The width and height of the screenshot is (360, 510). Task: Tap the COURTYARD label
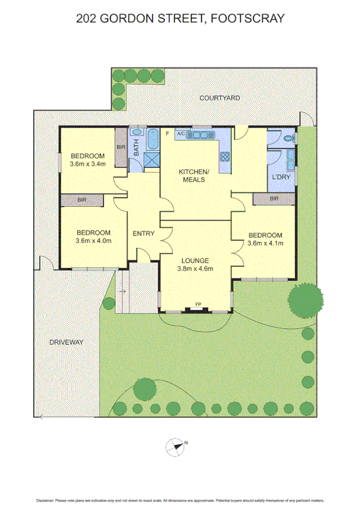tap(219, 97)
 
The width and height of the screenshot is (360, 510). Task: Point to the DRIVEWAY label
tap(66, 342)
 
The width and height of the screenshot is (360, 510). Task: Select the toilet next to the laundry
tap(289, 138)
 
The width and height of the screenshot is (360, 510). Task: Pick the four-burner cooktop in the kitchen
tap(226, 158)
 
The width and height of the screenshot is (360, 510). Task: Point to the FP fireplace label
tap(198, 305)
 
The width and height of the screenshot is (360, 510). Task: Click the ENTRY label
tap(144, 233)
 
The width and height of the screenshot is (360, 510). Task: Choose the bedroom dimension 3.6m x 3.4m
tap(88, 164)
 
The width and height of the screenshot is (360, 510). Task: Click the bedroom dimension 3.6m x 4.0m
tap(94, 241)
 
